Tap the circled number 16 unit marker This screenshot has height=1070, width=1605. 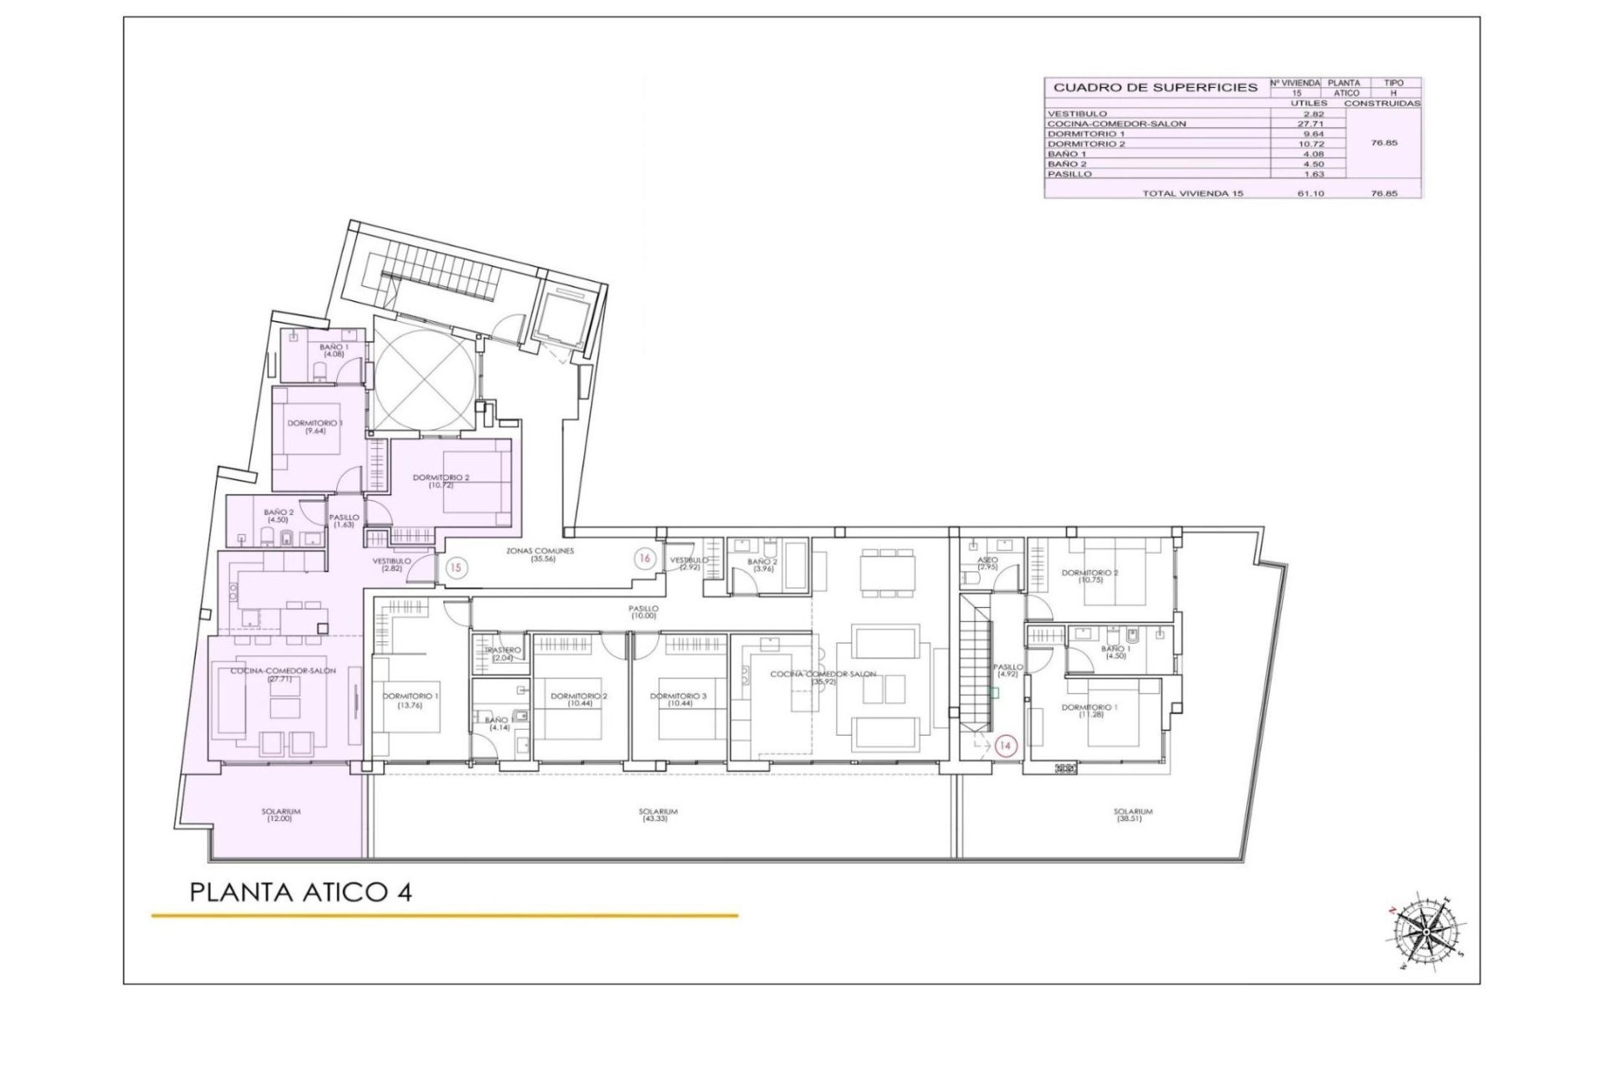(x=644, y=558)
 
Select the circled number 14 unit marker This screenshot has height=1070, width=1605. (x=1006, y=746)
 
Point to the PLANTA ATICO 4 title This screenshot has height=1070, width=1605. (x=301, y=892)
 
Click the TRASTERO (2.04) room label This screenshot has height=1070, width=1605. (x=502, y=654)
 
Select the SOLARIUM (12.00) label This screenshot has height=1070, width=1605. (x=281, y=815)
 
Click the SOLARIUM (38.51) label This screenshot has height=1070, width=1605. (x=1133, y=815)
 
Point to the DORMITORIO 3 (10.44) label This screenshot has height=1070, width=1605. (x=678, y=701)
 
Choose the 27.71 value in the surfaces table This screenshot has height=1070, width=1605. (x=1309, y=124)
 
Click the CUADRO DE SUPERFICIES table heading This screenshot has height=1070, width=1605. (x=1155, y=87)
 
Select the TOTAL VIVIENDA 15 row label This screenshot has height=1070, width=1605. (x=1193, y=193)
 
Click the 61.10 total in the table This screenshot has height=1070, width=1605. (x=1309, y=193)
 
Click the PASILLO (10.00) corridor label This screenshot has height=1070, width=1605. (x=644, y=612)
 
